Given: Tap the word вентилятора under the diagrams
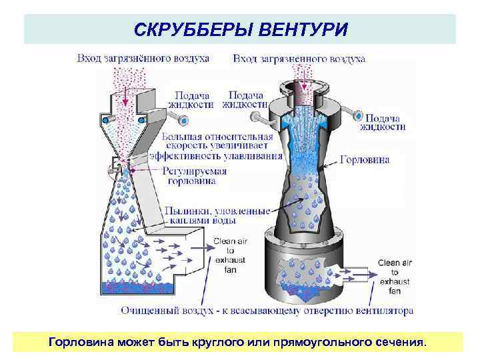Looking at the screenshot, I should [x=386, y=311].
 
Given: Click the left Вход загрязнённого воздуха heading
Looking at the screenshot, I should [x=143, y=59].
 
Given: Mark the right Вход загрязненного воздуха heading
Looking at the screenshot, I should [x=299, y=59].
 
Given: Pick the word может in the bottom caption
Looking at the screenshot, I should [x=132, y=342].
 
